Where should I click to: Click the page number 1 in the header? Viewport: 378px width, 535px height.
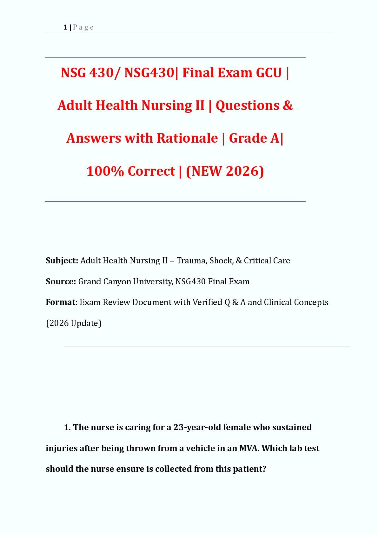[65, 27]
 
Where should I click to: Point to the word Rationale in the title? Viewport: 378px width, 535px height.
[187, 138]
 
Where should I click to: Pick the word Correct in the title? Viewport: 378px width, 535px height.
[151, 171]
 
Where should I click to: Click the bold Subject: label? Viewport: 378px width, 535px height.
[62, 261]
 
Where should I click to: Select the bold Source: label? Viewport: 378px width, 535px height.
[61, 282]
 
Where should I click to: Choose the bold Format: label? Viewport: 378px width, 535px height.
[62, 302]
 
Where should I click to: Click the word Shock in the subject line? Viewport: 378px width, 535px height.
[221, 261]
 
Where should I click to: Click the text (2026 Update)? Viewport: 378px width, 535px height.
[74, 323]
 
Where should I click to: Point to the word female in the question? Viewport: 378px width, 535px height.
[237, 427]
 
